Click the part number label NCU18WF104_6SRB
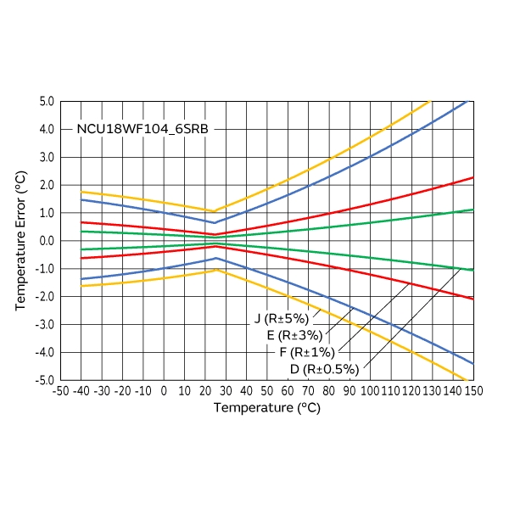(x=143, y=130)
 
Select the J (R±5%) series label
(x=282, y=319)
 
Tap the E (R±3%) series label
(x=294, y=335)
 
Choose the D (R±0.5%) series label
(x=324, y=369)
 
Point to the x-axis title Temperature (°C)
(x=266, y=408)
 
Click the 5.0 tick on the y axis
(x=46, y=102)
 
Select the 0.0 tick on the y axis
(x=46, y=241)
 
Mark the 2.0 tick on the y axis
(x=46, y=185)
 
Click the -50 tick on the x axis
(x=60, y=392)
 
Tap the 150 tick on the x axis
(x=473, y=392)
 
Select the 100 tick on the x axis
(x=370, y=392)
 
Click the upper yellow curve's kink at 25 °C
(x=215, y=211)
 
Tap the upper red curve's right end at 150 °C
(x=473, y=177)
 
